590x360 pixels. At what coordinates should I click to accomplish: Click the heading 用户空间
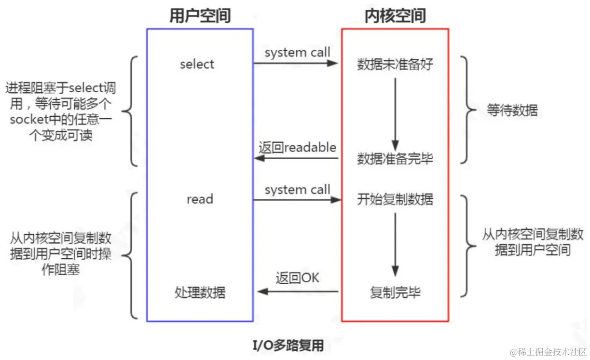[200, 15]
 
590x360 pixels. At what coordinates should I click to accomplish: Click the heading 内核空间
[395, 15]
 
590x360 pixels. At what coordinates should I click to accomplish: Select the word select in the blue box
[197, 64]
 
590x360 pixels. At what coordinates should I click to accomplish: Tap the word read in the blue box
[200, 199]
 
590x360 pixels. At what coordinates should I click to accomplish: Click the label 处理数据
[200, 292]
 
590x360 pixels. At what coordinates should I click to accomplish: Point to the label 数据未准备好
[395, 64]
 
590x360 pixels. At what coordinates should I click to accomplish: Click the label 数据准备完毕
[395, 159]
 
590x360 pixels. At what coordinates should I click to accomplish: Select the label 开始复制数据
[395, 199]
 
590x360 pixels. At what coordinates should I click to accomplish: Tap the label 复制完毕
[395, 292]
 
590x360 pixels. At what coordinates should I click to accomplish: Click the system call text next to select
[297, 52]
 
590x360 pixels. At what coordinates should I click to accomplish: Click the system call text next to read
[297, 190]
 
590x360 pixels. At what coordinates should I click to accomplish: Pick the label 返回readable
[297, 147]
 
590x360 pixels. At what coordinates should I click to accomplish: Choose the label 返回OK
[297, 278]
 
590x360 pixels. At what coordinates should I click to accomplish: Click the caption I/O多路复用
[288, 346]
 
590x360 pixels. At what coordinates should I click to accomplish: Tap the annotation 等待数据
[512, 111]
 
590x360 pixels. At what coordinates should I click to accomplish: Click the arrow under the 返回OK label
[297, 291]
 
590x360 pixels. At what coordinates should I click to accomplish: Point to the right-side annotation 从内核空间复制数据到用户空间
[533, 242]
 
